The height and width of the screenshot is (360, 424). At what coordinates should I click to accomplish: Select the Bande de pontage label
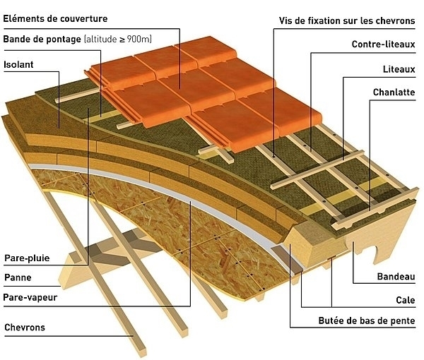tap(42, 38)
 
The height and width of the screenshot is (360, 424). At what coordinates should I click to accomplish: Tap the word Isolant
tap(19, 64)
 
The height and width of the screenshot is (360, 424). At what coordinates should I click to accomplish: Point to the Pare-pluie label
tap(27, 258)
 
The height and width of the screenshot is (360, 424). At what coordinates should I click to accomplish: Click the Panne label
tap(18, 277)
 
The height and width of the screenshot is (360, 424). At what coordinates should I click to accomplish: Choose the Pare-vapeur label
tap(30, 297)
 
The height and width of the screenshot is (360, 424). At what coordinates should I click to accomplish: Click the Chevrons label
tap(25, 328)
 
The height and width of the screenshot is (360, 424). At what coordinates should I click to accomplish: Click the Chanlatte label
tap(394, 92)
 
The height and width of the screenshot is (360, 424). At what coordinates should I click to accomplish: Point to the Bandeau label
tap(395, 276)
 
